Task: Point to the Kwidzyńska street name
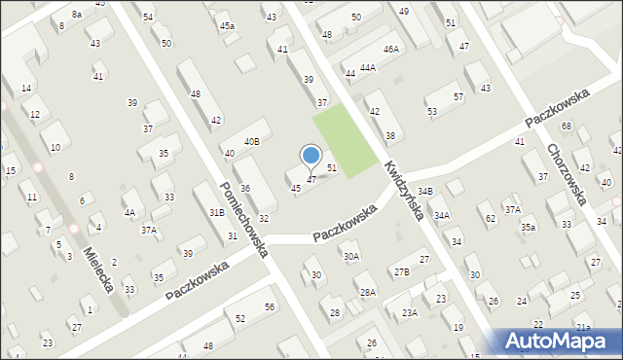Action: pos(403,190)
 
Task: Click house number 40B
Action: pos(252,142)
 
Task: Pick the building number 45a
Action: pos(227,25)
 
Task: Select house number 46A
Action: pos(391,49)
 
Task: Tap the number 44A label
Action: pos(367,68)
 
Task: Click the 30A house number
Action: pos(351,257)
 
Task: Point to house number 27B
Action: pos(401,272)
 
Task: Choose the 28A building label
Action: pos(367,292)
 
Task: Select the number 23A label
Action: pos(410,312)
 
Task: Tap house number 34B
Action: pos(424,192)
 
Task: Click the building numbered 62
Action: pos(491,219)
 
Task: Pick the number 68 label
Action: pos(567,127)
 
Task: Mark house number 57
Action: pos(458,97)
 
